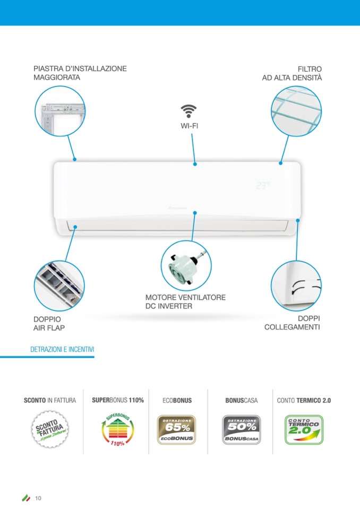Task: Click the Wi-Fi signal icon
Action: [188, 111]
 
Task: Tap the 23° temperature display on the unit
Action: [262, 186]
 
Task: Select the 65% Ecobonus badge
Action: [176, 429]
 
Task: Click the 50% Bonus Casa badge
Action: [241, 429]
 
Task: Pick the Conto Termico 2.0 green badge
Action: [304, 429]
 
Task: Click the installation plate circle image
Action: [60, 111]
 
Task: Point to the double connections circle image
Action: [296, 285]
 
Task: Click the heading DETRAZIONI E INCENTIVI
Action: [63, 350]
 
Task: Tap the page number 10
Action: [38, 498]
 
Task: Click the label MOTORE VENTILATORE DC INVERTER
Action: [185, 301]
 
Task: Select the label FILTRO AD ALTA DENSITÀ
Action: [292, 73]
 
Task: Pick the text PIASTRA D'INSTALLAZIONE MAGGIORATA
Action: [80, 73]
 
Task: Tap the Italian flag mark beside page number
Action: [26, 498]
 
